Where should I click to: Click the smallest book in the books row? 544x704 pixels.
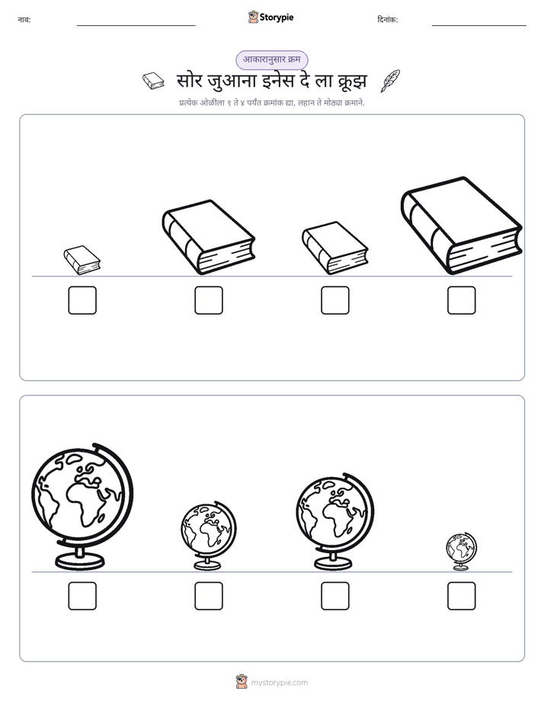tap(82, 260)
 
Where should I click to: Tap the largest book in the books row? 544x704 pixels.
tap(462, 226)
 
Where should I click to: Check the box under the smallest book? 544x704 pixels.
tap(82, 300)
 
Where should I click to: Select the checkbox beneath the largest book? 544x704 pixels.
tap(462, 300)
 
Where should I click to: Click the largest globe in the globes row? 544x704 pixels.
tap(82, 507)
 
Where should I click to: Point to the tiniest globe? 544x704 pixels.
tap(462, 552)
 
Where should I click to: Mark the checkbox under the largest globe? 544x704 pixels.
tap(82, 597)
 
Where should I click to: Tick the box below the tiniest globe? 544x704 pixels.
tap(462, 597)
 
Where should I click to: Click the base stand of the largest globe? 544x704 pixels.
tap(80, 560)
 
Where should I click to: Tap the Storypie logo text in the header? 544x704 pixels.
tap(277, 18)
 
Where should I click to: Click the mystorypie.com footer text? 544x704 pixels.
tap(279, 683)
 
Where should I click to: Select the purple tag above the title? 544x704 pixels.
tap(272, 59)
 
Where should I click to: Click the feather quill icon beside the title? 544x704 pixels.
tap(390, 82)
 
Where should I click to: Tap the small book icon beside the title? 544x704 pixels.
tap(153, 82)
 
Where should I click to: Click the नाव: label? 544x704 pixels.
tap(24, 20)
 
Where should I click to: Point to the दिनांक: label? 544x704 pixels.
tap(388, 20)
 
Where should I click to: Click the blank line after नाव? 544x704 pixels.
tap(136, 26)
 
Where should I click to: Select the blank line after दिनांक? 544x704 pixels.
tap(479, 26)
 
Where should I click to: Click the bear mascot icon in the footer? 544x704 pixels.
tap(242, 682)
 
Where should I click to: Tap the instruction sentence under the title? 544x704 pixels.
tap(272, 103)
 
